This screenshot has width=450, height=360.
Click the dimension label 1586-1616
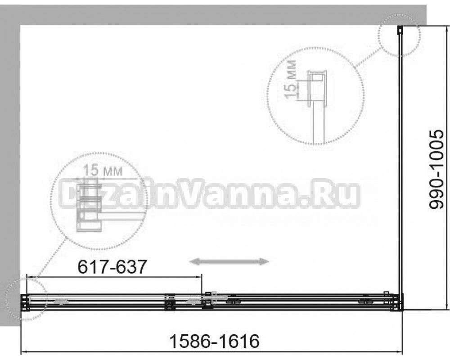pos(214,341)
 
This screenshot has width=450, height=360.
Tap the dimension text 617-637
pos(112,267)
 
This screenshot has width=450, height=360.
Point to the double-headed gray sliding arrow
pos(230,261)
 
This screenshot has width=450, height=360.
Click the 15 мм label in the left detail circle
pos(103,171)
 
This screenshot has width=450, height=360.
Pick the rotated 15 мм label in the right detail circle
pos(290,79)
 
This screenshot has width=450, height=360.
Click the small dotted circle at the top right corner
pos(399,35)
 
